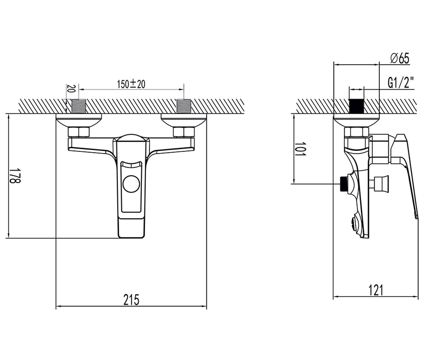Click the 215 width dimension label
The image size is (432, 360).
(131, 300)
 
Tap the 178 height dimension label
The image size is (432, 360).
(15, 176)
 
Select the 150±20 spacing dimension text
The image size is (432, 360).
(131, 84)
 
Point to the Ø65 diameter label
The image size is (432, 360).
(400, 59)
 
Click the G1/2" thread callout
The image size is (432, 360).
(398, 82)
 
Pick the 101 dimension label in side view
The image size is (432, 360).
(300, 149)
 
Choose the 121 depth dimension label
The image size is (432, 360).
(376, 290)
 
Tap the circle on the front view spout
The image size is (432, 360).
(131, 184)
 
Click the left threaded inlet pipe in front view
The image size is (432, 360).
(79, 106)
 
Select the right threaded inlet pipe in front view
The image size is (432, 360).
(184, 106)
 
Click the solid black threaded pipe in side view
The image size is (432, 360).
(356, 106)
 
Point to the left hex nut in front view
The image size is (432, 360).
(78, 132)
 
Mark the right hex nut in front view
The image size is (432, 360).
(184, 132)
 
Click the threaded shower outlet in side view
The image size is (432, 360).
(344, 184)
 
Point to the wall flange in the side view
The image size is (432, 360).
(356, 121)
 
